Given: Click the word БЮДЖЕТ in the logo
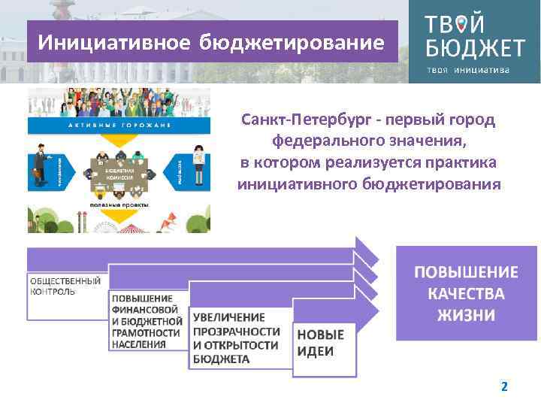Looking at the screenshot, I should click(474, 49).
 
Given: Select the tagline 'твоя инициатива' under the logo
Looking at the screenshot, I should click(468, 70).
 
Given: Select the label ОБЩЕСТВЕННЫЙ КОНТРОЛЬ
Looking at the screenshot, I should click(66, 286).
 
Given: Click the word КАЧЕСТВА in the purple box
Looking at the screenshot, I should click(467, 293).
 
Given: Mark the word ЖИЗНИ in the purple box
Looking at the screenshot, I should click(467, 314).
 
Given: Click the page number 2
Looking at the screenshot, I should click(504, 386).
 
